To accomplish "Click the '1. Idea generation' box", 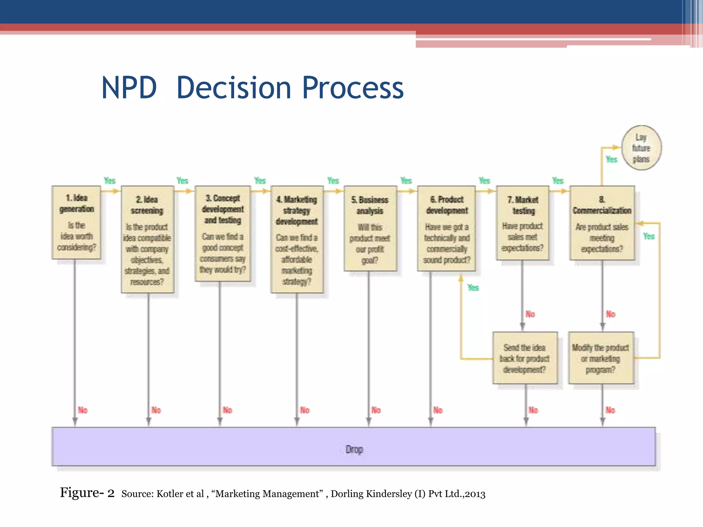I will coord(76,222).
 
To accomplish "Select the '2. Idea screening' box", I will coord(147,239).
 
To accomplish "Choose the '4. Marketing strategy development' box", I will coord(297,239).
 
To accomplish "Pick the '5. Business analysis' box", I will coord(370,229).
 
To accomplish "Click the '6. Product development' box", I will coord(447,229).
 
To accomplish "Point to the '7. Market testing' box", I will coord(522,223).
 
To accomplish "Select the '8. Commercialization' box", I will coord(602,223).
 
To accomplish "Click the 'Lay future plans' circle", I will coord(641,148).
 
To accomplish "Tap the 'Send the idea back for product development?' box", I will coord(525,358).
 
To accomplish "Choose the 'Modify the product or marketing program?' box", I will coord(601,358).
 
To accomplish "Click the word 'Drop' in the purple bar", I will coord(354,449).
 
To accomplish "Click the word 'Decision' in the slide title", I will coord(233,88).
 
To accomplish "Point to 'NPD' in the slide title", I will coord(129,88).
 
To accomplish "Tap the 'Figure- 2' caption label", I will coord(87,493).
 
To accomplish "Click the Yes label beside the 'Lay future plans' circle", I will coord(611,160).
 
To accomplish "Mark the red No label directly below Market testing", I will coord(530,314).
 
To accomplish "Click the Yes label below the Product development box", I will coord(473,288).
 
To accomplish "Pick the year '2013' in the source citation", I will coord(475,494).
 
